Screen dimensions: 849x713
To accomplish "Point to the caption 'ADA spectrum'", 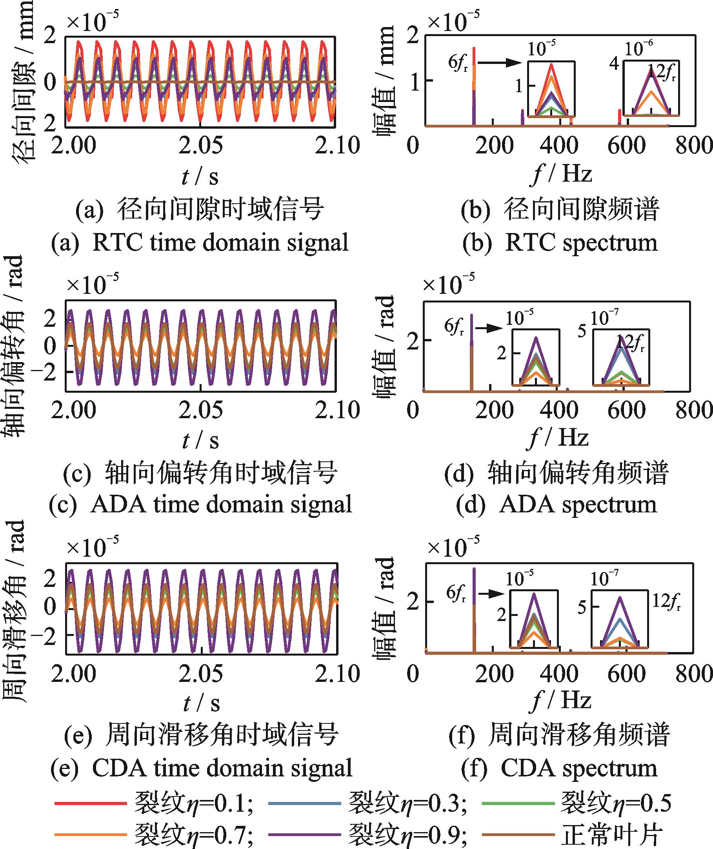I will (x=557, y=505).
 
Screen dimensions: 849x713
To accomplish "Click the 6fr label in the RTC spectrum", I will (x=458, y=64).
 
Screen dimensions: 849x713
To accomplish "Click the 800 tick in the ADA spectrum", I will (x=693, y=410).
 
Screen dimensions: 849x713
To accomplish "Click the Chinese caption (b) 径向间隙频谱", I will (x=560, y=210).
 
